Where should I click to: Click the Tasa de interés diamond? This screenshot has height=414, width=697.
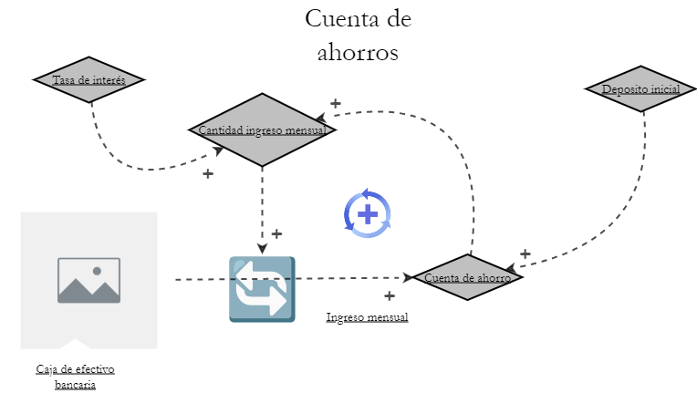[88, 79]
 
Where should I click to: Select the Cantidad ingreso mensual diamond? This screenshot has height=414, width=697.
[262, 129]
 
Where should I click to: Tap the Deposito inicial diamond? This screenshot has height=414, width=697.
[641, 88]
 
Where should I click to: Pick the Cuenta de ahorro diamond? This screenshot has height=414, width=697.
[467, 277]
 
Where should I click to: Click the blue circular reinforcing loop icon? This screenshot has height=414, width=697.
[367, 214]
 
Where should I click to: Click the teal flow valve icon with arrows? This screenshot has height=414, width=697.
[262, 289]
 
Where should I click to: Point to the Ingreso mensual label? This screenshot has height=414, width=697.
[367, 317]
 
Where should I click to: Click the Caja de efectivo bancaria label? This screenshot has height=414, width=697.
[75, 377]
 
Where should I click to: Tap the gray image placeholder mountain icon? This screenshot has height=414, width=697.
[88, 280]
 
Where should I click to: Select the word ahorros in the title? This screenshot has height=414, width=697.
[358, 52]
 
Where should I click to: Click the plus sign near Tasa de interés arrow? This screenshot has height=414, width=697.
[208, 173]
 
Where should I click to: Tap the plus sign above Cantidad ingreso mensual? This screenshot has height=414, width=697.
[335, 103]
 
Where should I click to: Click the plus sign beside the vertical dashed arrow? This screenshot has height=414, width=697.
[277, 233]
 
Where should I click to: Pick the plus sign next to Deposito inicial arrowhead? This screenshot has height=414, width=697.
[525, 254]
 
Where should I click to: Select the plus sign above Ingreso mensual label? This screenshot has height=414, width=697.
[390, 295]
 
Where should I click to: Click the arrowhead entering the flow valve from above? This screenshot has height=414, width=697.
[262, 247]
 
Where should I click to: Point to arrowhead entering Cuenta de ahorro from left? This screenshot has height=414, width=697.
[407, 277]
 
